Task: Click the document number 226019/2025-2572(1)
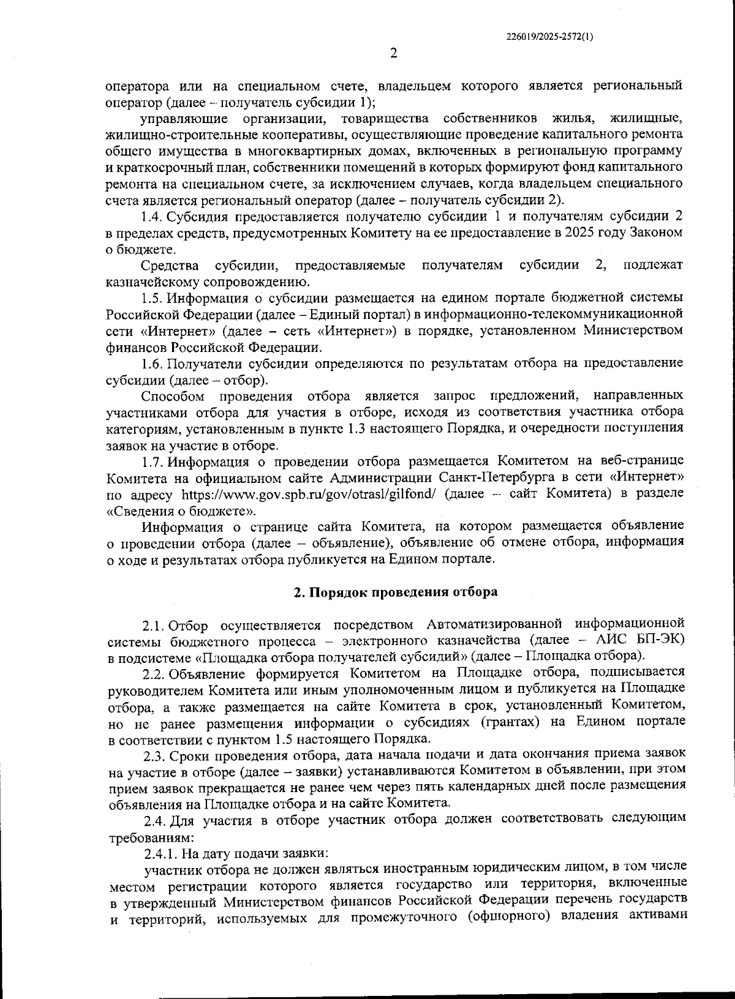[x=549, y=36]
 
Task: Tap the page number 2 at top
[x=394, y=53]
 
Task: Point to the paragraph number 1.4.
[x=151, y=217]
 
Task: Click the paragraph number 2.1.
[x=153, y=625]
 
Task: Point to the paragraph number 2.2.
[x=153, y=674]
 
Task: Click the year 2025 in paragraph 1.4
[x=590, y=233]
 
